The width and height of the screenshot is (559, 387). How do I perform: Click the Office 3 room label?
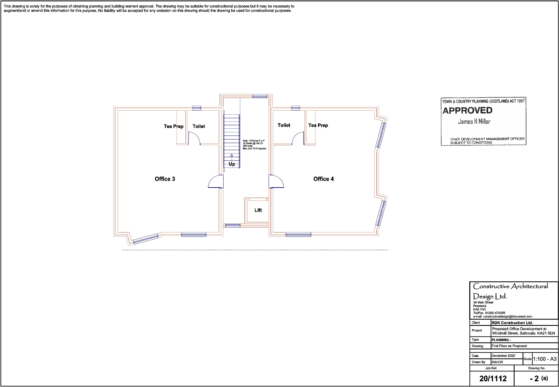165,179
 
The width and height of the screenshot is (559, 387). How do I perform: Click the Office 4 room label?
323,179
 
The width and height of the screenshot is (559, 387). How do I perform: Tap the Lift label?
258,210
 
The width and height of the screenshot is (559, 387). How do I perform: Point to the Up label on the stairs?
232,164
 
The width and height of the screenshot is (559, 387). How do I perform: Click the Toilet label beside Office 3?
198,126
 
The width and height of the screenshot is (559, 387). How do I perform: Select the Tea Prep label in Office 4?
318,125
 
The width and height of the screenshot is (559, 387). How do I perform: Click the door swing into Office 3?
215,181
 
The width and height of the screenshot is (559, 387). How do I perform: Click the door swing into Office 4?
276,181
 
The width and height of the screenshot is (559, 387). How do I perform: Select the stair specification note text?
254,144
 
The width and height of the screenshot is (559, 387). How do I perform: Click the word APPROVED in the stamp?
467,111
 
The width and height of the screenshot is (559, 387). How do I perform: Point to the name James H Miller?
474,122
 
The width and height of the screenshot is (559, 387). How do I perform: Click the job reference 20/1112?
493,379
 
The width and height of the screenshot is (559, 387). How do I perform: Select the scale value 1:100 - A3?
545,359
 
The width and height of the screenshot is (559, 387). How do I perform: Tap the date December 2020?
503,356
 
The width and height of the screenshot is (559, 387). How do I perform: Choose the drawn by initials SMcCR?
497,362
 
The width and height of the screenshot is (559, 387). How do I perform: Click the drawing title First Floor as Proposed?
509,346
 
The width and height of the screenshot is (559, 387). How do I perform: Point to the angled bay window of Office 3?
145,238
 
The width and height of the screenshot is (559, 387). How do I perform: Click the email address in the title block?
507,317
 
